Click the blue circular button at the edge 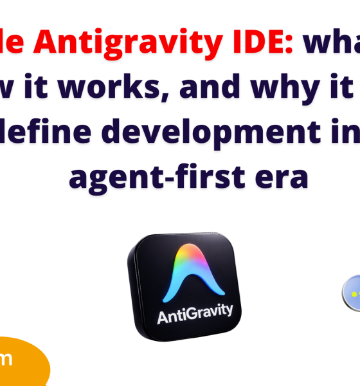[x=352, y=293]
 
